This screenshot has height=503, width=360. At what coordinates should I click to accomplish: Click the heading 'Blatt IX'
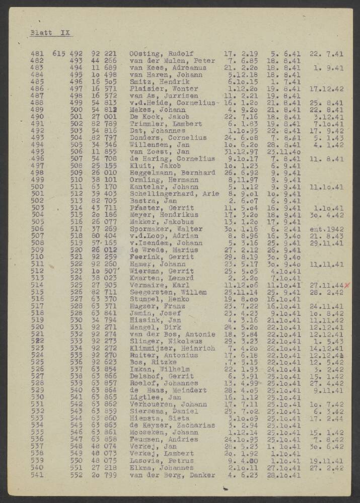click(x=50, y=33)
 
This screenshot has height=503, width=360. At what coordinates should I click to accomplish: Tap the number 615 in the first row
click(x=58, y=53)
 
